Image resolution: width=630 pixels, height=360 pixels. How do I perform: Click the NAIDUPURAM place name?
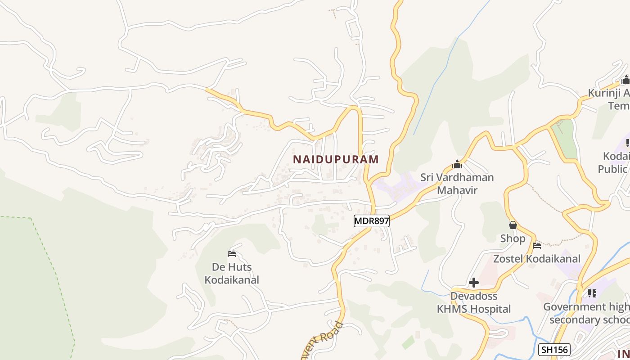click(336, 159)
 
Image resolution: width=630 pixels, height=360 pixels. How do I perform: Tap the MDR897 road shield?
click(371, 221)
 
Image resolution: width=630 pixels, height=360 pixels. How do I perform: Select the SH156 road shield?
click(554, 350)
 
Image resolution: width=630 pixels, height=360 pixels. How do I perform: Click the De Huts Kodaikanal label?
click(232, 273)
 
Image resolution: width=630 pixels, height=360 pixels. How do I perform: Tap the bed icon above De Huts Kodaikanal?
click(232, 254)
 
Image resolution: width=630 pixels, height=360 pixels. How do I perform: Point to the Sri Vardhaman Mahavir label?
click(457, 184)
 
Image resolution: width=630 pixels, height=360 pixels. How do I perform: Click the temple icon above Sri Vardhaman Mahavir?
click(457, 164)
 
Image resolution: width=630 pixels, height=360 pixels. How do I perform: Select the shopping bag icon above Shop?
click(513, 225)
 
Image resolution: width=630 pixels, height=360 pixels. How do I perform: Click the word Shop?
click(513, 238)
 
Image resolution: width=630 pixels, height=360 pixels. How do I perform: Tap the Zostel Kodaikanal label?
click(536, 259)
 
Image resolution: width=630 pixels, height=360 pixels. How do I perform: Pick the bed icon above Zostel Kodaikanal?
click(536, 246)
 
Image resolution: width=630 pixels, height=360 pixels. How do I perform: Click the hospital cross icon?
click(474, 283)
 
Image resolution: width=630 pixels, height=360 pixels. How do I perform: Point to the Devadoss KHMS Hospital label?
click(474, 302)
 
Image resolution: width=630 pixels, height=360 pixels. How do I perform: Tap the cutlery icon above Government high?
click(592, 293)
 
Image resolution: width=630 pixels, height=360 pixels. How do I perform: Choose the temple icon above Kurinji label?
click(625, 80)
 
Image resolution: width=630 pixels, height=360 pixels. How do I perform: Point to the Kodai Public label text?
click(614, 162)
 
